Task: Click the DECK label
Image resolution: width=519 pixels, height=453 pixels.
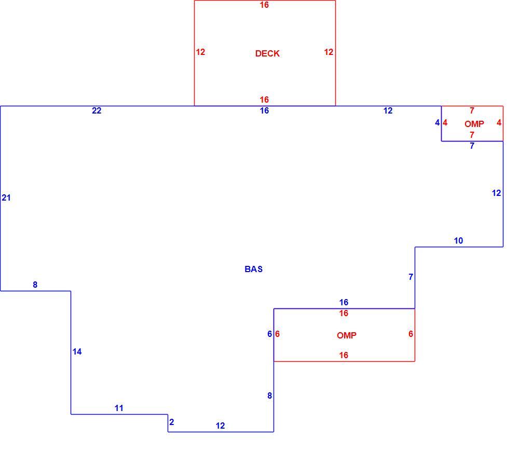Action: [267, 53]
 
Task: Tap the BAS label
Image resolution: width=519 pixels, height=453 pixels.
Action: [254, 269]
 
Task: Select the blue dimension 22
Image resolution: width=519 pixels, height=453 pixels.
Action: [97, 111]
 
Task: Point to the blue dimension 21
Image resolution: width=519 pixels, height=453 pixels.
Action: [6, 197]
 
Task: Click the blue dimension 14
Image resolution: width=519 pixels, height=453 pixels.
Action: [77, 351]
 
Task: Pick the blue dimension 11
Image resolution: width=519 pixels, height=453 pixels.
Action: [119, 408]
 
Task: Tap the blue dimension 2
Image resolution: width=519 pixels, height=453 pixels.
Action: [171, 422]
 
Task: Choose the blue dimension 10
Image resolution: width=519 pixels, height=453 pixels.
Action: [458, 240]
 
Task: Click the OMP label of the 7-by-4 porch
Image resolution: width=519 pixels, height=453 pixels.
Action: [474, 124]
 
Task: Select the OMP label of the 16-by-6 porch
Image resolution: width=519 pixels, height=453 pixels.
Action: [347, 336]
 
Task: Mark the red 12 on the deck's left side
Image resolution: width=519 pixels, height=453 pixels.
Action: [200, 52]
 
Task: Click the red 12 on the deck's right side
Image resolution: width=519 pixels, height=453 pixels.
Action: [329, 52]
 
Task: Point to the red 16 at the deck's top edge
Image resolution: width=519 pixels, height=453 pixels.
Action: [264, 5]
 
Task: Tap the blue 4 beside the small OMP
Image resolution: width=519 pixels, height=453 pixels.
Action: [437, 123]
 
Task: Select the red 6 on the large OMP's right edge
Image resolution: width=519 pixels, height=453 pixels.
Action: [411, 334]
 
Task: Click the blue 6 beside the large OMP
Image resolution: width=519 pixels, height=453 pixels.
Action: [270, 334]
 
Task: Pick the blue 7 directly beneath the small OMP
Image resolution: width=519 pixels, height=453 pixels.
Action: [472, 146]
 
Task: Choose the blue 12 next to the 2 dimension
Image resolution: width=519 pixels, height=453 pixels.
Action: [220, 426]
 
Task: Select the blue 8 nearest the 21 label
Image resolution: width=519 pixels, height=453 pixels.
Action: [35, 285]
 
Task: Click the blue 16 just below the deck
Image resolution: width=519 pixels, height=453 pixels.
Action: [264, 111]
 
